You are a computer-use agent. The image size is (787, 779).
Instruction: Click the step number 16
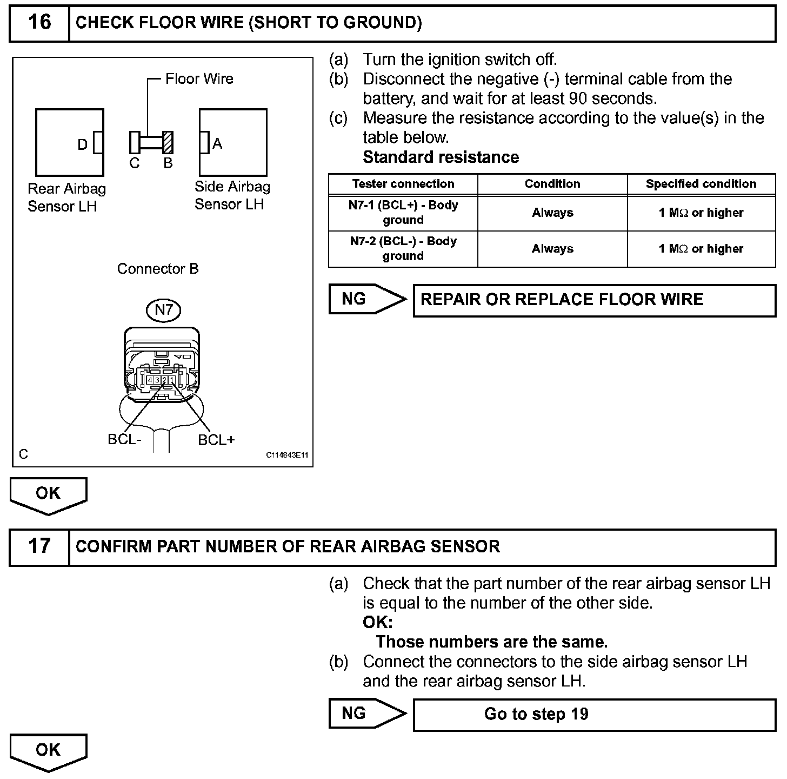(39, 23)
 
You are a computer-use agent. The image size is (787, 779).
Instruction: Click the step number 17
(39, 546)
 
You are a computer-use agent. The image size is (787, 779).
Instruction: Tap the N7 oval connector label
(163, 310)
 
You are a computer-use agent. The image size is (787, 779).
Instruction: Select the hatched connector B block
(168, 143)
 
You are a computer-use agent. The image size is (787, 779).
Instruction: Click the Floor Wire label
(199, 79)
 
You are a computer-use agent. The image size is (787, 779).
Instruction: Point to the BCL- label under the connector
(124, 439)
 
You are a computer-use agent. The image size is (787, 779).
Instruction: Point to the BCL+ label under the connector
(216, 440)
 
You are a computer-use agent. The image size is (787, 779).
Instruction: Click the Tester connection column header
(403, 184)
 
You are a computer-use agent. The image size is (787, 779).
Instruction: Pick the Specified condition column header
(701, 184)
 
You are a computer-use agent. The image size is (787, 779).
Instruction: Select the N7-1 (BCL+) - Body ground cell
(403, 213)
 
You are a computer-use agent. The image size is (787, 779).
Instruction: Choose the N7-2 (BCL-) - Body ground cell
(403, 249)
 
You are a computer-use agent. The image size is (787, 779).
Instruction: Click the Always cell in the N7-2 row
(552, 249)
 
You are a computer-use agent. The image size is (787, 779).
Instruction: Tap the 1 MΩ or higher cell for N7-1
(701, 213)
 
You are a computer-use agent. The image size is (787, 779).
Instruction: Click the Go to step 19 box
(594, 714)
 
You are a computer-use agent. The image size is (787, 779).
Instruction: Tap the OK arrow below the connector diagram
(48, 494)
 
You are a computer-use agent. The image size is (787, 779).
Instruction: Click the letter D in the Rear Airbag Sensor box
(82, 144)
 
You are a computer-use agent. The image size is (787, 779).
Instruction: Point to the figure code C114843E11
(286, 455)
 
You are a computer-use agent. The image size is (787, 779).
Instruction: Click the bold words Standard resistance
(441, 157)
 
